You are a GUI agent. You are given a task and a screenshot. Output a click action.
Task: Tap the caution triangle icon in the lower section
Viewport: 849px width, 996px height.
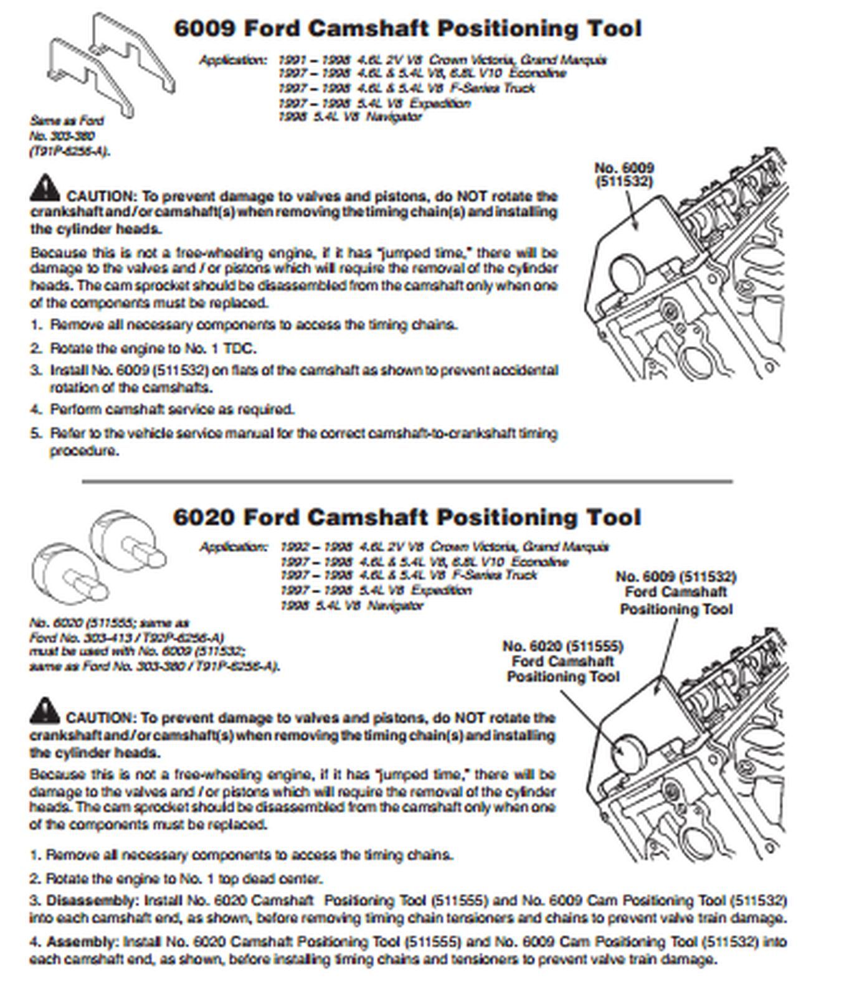[44, 711]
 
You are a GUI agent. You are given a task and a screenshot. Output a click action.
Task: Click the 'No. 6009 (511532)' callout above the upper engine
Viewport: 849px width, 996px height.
[624, 174]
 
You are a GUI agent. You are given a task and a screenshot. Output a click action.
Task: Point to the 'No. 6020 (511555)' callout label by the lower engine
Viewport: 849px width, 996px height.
[562, 646]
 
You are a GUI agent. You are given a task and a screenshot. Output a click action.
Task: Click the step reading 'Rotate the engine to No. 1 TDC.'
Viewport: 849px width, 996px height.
[153, 348]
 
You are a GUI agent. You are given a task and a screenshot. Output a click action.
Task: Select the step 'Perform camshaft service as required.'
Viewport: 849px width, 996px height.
[172, 410]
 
